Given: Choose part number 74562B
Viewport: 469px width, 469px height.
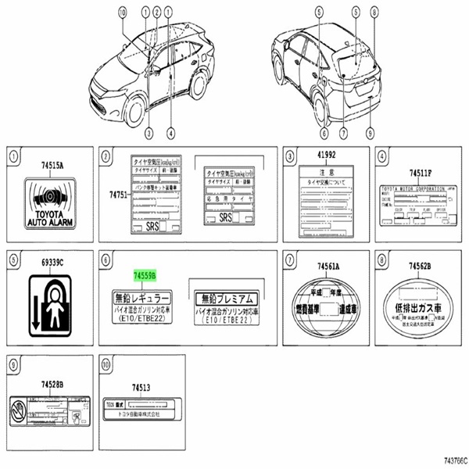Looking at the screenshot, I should (x=416, y=266).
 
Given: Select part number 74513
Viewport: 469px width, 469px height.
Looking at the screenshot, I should (x=141, y=387).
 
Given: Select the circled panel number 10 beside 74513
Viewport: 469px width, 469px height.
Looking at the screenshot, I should (x=106, y=363).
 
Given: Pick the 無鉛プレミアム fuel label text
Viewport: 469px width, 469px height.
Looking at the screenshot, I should (x=224, y=299).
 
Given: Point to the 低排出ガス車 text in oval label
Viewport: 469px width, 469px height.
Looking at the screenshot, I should (x=416, y=308).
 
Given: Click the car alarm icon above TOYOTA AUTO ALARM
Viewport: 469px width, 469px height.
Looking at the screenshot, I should (x=48, y=194).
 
